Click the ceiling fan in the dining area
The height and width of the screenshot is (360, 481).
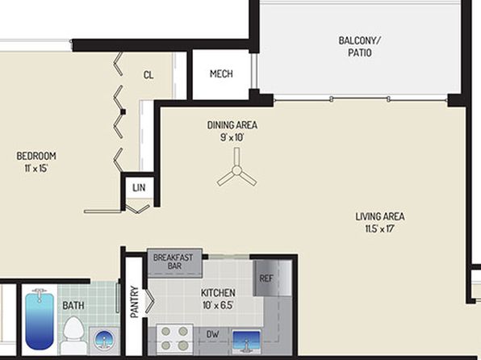(236, 170)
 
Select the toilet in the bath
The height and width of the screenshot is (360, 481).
(73, 334)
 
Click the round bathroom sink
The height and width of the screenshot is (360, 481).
(104, 341)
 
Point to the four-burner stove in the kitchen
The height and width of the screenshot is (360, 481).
(174, 338)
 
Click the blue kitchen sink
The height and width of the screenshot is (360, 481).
(246, 341)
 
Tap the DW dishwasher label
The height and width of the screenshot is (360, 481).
(212, 334)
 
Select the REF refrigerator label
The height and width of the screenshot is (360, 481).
(266, 278)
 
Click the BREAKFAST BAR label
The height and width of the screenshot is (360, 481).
(173, 262)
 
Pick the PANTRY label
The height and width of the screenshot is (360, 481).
(134, 302)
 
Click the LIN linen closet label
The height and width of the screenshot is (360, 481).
(139, 187)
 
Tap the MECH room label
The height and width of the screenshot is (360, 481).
(221, 73)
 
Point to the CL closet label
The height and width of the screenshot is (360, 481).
(148, 74)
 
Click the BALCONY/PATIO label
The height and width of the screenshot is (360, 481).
(359, 46)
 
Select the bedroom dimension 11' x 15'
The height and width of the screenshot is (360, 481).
(36, 168)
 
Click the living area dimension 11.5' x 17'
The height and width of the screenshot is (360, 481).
(379, 229)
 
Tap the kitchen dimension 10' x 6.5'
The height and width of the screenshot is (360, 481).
(218, 305)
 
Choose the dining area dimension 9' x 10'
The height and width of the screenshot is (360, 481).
(232, 137)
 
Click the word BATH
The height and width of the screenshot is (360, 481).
(73, 305)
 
